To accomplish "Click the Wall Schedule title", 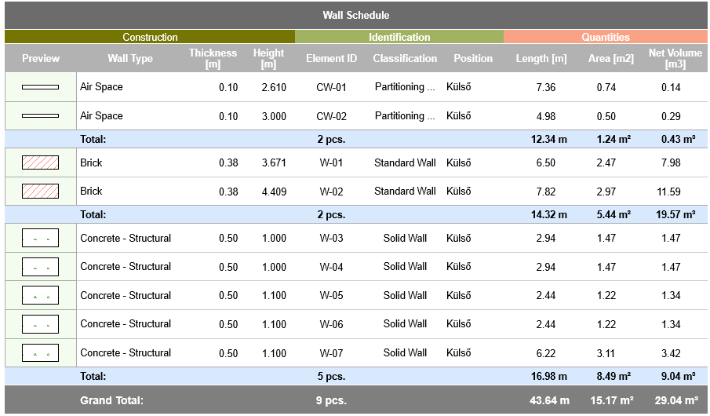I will point(355,15).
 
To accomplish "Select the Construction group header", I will point(150,37).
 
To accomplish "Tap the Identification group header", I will point(399,37).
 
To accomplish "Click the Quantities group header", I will point(605,37).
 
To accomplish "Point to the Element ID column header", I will point(331,58).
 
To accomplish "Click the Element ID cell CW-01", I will point(331,87).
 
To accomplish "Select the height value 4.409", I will point(274,192).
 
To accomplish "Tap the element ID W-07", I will point(331,353).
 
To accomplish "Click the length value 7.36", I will point(546,87).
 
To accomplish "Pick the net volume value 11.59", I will point(669,192).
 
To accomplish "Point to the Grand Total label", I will point(111,400).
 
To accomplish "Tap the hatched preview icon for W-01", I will point(40,163).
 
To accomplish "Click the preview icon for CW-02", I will point(40,116).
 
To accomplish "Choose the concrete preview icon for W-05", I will point(40,296).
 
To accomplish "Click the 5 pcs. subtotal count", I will point(331,377).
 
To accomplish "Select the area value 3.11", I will point(606,353).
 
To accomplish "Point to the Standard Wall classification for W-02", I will point(405,192).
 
